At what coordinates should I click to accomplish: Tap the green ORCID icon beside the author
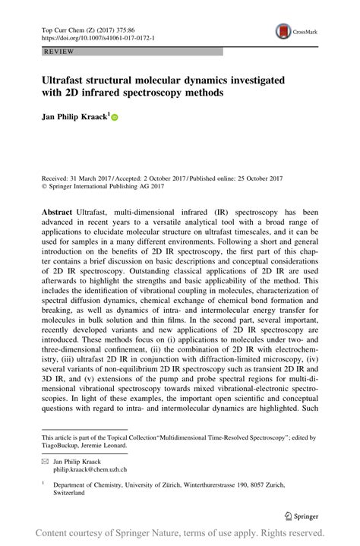(115, 118)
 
